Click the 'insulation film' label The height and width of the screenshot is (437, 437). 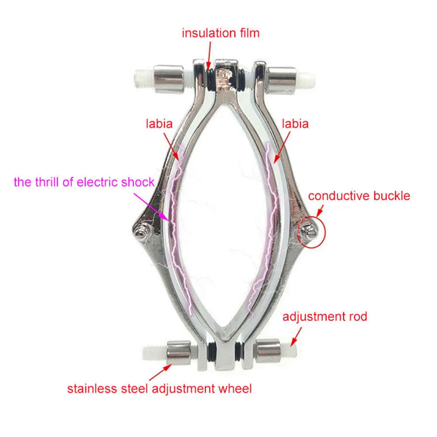(x=220, y=33)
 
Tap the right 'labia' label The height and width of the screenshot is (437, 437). (x=295, y=124)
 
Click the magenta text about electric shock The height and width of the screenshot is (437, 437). (x=84, y=182)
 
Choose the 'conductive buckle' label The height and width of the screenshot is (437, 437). (x=359, y=196)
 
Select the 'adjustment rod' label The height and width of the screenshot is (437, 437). (x=325, y=316)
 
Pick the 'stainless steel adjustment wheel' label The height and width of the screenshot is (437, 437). (x=159, y=388)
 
